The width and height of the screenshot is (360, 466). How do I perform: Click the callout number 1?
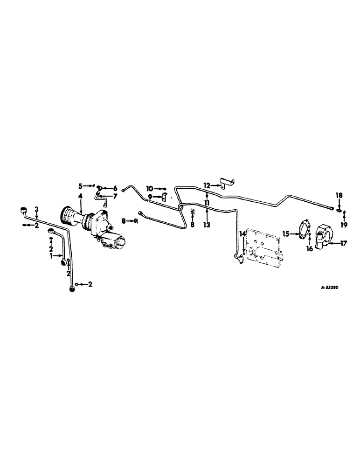coord(53,256)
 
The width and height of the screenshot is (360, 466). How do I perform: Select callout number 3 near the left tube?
coord(36,208)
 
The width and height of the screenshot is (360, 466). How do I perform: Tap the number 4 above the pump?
coord(81,197)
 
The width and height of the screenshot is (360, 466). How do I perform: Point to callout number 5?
coord(80,185)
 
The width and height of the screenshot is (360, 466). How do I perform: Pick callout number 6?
coord(114,188)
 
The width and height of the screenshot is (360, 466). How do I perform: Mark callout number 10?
coord(149,188)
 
